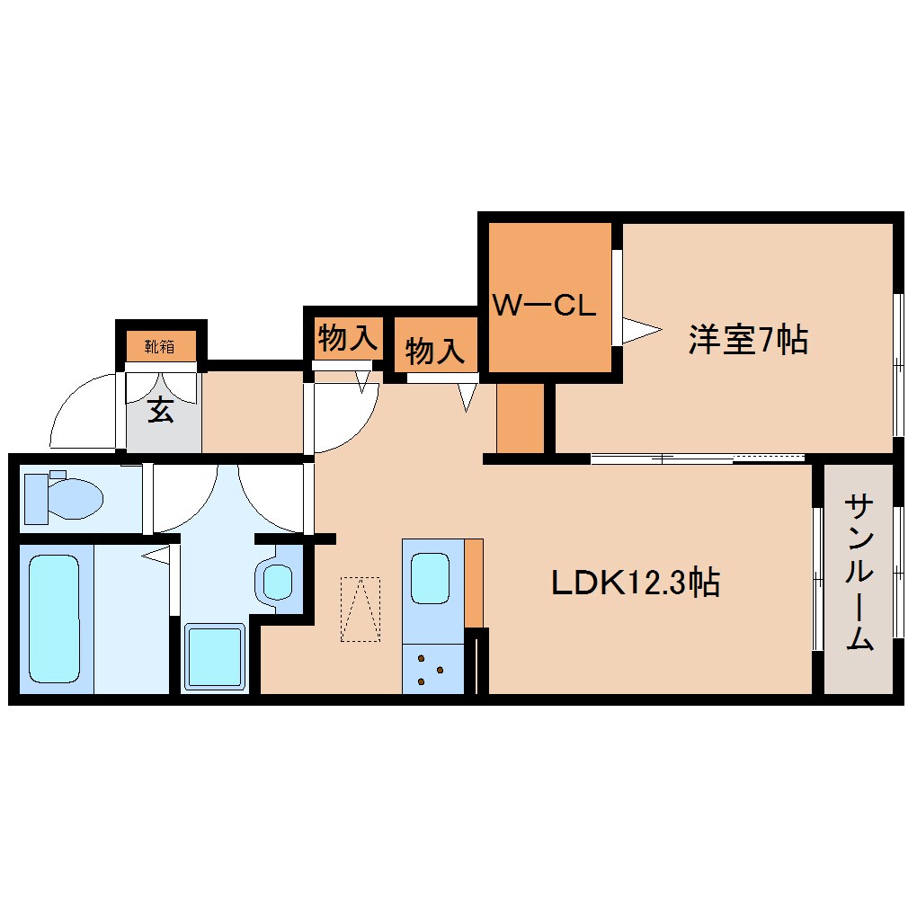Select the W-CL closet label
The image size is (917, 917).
click(x=544, y=306)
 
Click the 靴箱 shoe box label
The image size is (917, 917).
click(x=161, y=345)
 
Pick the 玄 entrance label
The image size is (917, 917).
click(x=160, y=411)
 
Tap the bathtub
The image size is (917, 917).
click(x=55, y=619)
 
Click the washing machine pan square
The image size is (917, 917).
click(x=215, y=657)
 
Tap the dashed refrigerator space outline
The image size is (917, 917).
click(x=360, y=610)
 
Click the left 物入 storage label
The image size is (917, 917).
click(x=345, y=339)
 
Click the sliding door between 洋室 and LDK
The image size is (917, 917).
click(x=699, y=458)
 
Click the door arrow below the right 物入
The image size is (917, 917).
click(x=467, y=396)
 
